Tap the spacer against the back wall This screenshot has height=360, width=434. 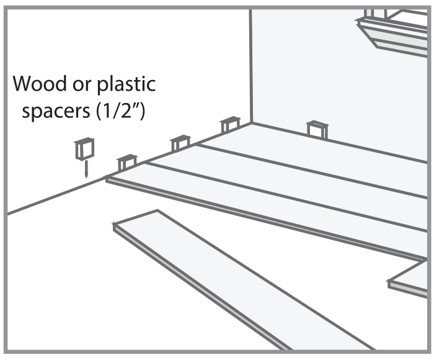[x=317, y=128]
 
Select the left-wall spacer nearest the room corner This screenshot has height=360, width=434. [x=229, y=124]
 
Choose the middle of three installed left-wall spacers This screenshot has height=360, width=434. [x=180, y=143]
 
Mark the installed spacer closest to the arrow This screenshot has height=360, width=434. [x=126, y=162]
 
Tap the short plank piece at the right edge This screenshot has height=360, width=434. [x=412, y=276]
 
